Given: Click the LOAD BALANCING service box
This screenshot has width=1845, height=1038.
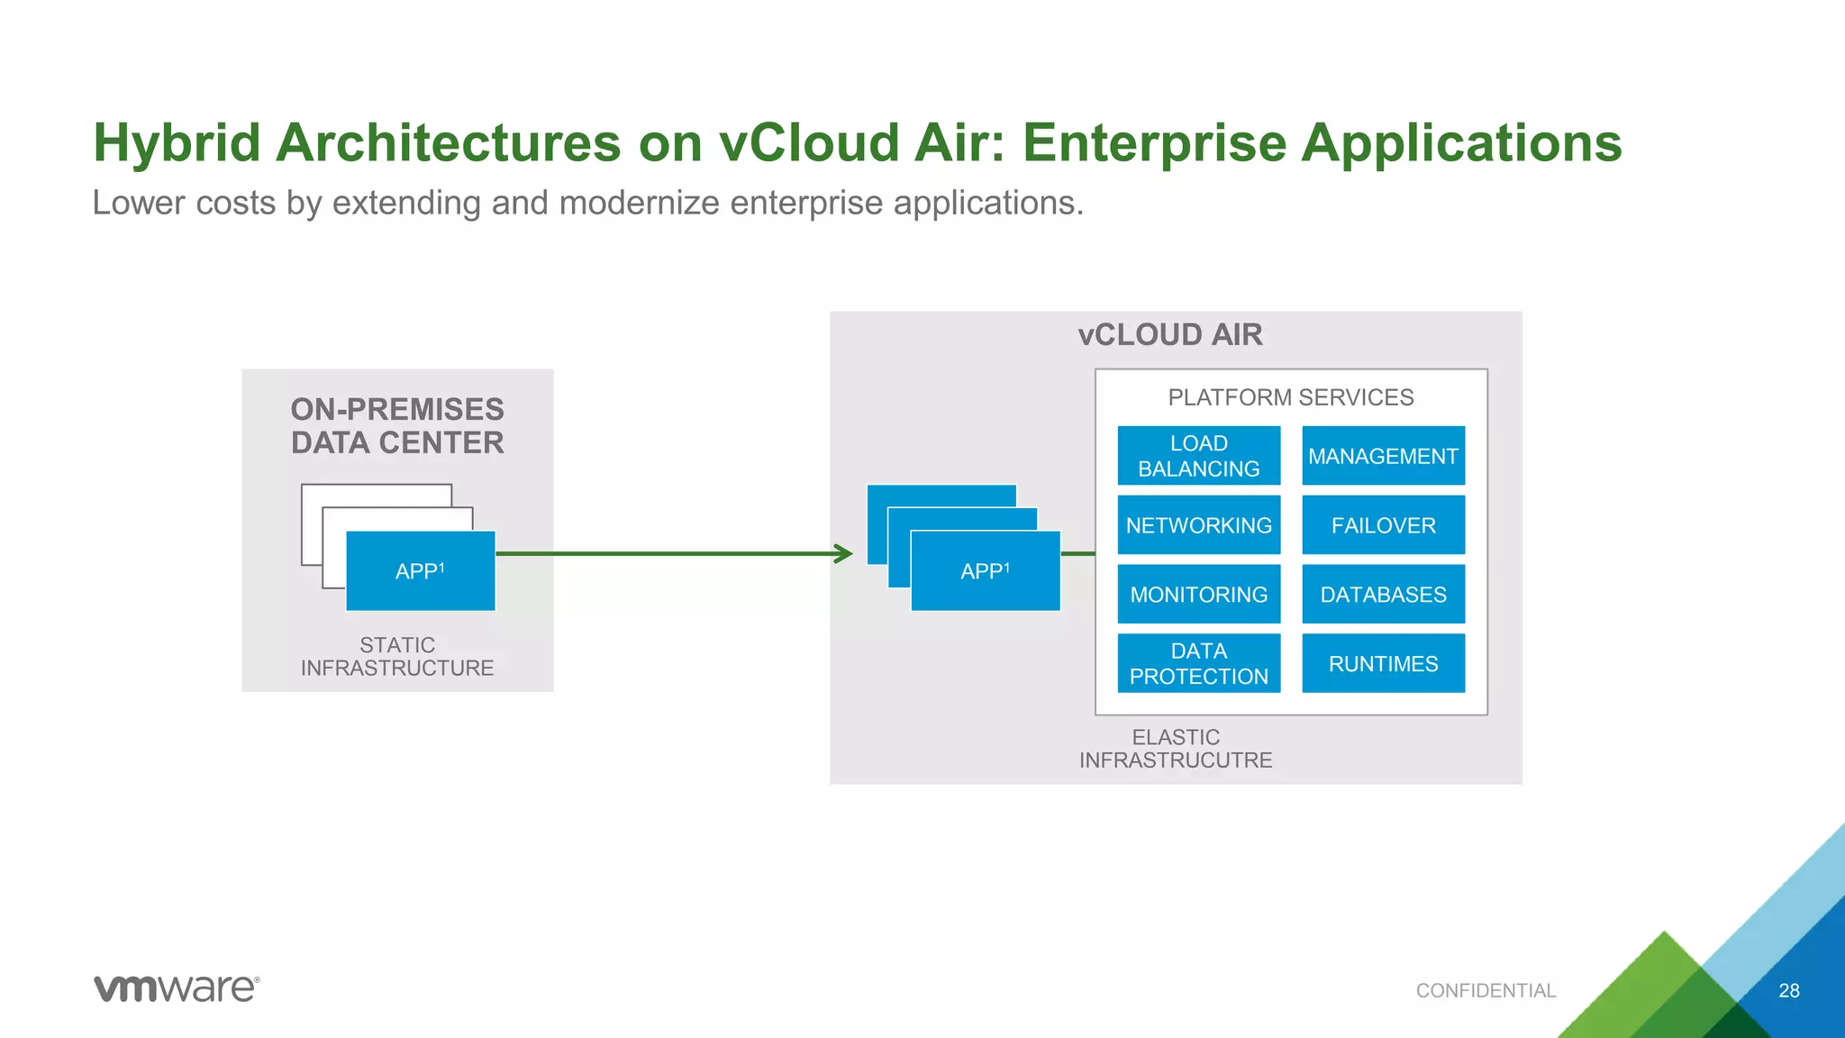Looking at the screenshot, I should pyautogui.click(x=1198, y=456).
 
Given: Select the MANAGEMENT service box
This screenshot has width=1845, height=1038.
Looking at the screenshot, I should pyautogui.click(x=1383, y=456).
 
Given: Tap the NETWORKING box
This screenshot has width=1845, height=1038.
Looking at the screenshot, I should pyautogui.click(x=1198, y=525).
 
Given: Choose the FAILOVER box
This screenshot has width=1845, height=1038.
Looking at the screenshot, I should pyautogui.click(x=1383, y=525).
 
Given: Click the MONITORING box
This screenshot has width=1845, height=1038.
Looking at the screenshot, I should pyautogui.click(x=1198, y=595).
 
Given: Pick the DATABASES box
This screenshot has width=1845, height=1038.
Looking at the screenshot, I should pyautogui.click(x=1383, y=595).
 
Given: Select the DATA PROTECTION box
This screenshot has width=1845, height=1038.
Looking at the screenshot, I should pyautogui.click(x=1198, y=663).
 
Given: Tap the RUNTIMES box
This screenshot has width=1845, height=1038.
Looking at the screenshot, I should pyautogui.click(x=1383, y=663).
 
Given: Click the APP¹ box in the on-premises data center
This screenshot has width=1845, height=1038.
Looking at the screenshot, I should pyautogui.click(x=421, y=571).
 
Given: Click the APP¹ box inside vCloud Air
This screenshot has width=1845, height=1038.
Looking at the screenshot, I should pyautogui.click(x=986, y=571).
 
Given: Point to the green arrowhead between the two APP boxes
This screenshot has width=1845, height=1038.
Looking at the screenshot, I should pyautogui.click(x=844, y=553).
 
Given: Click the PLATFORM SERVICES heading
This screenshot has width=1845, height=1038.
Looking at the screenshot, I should pyautogui.click(x=1290, y=397).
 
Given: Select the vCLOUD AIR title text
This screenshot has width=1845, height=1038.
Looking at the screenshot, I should pyautogui.click(x=1170, y=335).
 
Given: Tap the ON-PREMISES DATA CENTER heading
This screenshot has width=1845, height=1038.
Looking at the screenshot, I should pyautogui.click(x=397, y=426).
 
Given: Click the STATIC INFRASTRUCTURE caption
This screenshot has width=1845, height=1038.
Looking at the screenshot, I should pyautogui.click(x=397, y=657).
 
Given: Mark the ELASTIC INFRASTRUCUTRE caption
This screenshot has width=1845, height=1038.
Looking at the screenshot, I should pyautogui.click(x=1176, y=749).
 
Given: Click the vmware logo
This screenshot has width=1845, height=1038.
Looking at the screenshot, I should pyautogui.click(x=177, y=988).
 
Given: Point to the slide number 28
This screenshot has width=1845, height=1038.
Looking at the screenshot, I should pyautogui.click(x=1788, y=991).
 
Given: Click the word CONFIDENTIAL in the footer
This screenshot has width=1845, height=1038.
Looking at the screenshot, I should pyautogui.click(x=1486, y=991).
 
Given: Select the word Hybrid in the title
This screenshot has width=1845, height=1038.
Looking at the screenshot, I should pyautogui.click(x=177, y=144).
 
